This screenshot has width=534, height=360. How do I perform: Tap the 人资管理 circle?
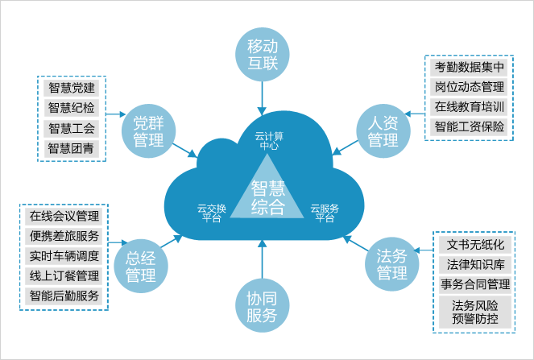383,130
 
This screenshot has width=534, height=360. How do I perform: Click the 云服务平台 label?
325,213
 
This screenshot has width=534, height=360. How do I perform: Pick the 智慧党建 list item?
72,88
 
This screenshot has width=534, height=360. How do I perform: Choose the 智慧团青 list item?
72,147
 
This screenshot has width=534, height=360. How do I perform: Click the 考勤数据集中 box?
469,67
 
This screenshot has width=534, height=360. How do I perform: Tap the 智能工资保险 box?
469,126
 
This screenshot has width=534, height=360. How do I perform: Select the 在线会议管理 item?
64,217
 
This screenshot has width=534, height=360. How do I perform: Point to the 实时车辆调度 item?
64,256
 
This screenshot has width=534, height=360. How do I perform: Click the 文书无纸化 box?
474,244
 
